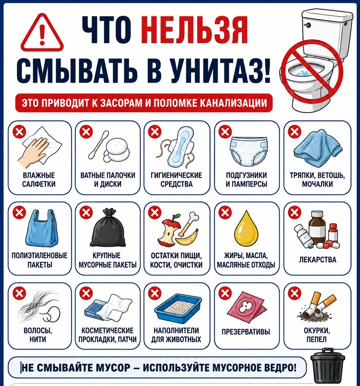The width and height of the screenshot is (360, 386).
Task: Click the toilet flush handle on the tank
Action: [307, 25]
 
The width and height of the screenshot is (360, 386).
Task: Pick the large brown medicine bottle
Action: [317, 227]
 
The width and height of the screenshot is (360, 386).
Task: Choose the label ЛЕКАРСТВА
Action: [317, 260]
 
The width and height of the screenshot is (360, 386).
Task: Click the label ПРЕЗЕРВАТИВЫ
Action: [246, 332]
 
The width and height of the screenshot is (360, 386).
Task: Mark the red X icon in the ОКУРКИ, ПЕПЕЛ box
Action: [295, 293]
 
